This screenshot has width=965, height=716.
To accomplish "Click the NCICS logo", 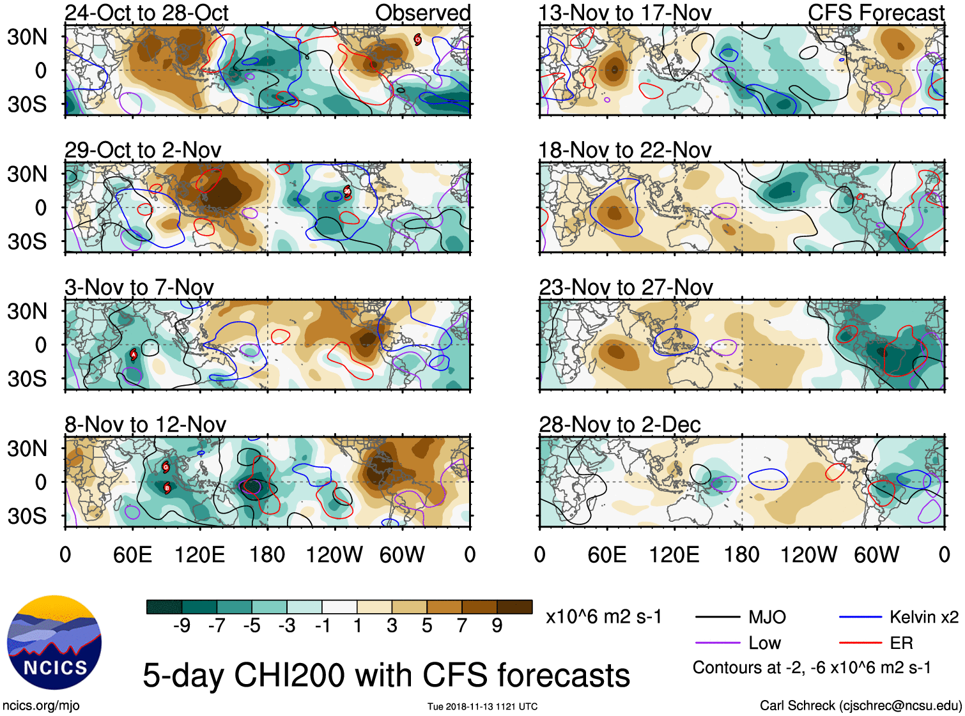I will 54,643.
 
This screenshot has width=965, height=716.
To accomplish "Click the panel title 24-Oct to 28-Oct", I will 146,13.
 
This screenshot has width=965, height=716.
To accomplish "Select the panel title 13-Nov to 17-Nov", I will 624,13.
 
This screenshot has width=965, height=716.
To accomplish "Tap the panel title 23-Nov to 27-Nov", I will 626,287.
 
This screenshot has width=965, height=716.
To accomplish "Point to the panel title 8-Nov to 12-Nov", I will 146,425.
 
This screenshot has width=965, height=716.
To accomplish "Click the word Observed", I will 422,13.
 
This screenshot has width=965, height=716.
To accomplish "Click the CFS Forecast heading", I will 876,13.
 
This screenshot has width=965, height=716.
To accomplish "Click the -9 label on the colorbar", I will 181,626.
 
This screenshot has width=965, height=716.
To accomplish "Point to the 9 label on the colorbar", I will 497,626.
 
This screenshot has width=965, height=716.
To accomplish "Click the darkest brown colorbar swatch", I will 514,607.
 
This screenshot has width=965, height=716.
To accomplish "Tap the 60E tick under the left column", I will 132,554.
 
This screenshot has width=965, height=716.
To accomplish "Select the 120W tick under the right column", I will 808,554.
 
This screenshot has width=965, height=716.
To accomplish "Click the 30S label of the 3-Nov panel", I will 27,379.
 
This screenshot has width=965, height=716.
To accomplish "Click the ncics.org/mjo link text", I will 41,706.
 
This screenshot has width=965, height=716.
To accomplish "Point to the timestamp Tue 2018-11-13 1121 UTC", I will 483,706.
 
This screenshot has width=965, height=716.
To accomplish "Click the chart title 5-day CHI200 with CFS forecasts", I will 386,676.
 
